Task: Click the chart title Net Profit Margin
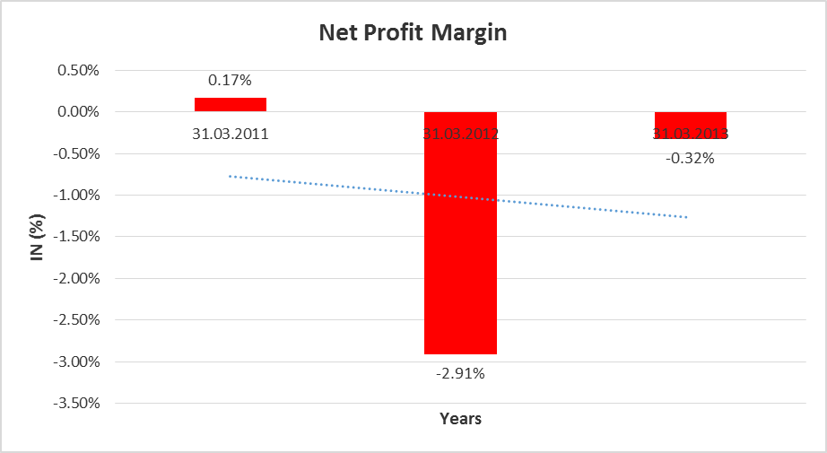[x=413, y=34]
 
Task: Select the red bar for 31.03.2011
[x=231, y=104]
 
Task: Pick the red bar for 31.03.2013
[x=690, y=125]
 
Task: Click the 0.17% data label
[x=231, y=81]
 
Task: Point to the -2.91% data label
[x=460, y=373]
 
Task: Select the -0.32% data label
[x=690, y=158]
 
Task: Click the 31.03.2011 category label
[x=231, y=135]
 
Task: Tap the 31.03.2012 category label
[x=460, y=135]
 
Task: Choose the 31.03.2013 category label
[x=690, y=134]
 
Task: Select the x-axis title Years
[x=460, y=418]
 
